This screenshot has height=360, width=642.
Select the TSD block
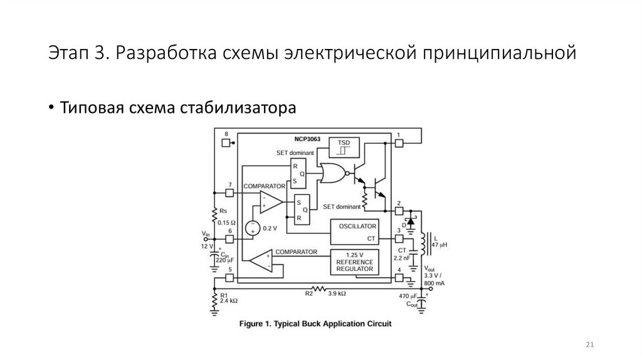point(344,147)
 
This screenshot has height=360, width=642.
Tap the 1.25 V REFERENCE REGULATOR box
point(355,262)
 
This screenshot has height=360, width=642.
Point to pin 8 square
point(226,142)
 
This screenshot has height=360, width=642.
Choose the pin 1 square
point(399,143)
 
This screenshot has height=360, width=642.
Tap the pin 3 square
point(399,239)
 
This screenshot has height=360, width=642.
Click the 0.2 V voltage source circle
point(253,227)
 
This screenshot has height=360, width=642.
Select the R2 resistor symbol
point(320,289)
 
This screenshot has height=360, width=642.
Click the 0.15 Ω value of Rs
point(226,223)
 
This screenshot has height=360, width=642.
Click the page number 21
point(589,345)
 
